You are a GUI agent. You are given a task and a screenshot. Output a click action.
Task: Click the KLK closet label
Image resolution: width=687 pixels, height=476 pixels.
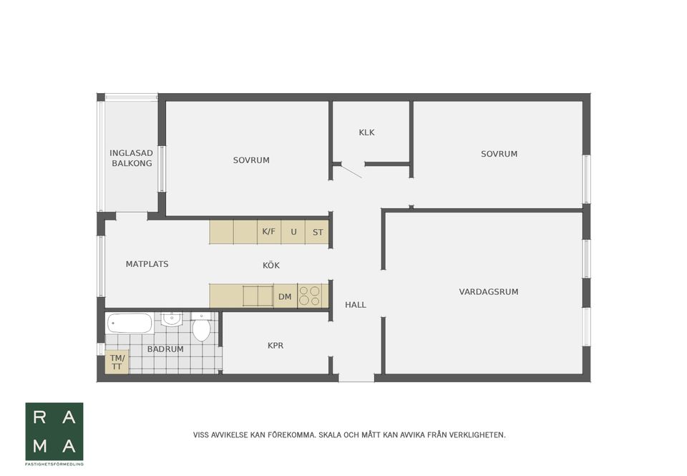click(x=366, y=132)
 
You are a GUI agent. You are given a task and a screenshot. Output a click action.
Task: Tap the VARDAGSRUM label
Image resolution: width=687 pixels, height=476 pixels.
click(x=489, y=292)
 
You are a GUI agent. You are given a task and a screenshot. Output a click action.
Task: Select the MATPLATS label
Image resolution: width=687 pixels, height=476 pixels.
click(x=147, y=264)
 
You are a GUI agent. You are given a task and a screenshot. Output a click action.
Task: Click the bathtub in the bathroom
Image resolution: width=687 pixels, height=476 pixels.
click(x=130, y=324)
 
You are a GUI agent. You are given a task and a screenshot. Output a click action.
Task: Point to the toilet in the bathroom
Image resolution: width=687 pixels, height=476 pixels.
click(x=202, y=327)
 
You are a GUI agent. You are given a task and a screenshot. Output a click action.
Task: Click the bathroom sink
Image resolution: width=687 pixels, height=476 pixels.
click(x=172, y=319)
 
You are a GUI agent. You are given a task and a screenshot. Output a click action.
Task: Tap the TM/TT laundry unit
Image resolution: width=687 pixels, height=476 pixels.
click(x=117, y=362)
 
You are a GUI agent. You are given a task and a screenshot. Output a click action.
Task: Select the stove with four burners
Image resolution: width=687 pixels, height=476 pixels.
click(x=313, y=296)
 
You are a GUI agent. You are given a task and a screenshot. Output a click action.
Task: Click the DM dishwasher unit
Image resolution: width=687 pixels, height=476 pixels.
click(x=286, y=297)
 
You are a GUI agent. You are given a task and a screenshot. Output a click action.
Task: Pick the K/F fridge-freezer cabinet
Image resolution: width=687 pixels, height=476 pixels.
click(x=269, y=232)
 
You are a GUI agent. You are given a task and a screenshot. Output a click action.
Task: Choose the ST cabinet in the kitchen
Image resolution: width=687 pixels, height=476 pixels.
click(x=317, y=232)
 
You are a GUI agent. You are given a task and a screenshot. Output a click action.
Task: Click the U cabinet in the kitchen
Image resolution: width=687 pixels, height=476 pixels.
click(x=293, y=232)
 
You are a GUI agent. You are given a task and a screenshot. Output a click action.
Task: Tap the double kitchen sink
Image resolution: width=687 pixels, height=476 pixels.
click(x=258, y=296)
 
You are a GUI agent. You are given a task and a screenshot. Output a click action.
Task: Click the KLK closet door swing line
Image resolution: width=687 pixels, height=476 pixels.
click(x=351, y=171)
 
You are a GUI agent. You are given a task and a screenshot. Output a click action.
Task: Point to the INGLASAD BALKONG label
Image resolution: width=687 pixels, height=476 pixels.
click(x=132, y=158)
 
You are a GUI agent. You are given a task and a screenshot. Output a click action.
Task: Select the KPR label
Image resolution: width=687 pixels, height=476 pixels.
click(x=276, y=346)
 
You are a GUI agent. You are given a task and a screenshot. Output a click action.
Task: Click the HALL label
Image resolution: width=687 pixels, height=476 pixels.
click(x=356, y=305)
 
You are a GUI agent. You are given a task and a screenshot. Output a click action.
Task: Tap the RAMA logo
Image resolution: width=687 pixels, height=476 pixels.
click(x=54, y=432)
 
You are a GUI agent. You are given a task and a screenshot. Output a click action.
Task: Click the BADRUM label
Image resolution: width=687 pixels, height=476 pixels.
click(x=165, y=349)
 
